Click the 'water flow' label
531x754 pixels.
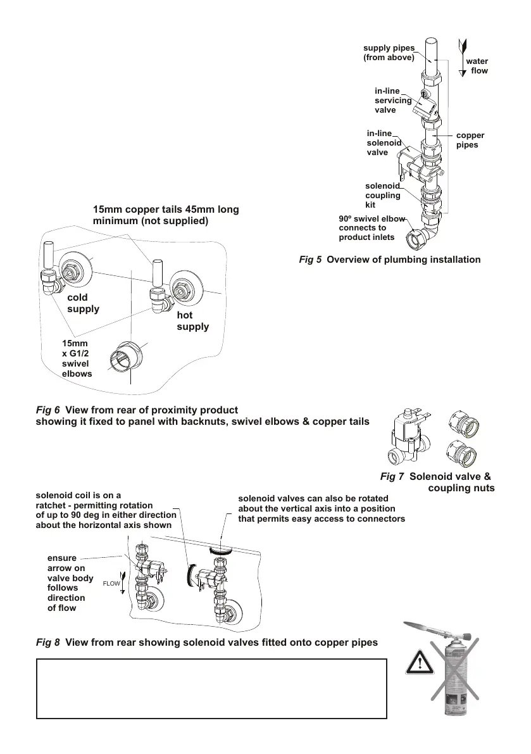pos(477,66)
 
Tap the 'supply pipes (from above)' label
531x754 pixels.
pos(389,53)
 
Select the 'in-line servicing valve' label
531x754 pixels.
pos(393,101)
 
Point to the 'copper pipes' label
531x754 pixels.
pos(470,140)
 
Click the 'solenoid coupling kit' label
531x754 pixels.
pos(383,196)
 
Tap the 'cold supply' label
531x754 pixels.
pos(83,303)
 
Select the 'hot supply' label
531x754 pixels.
pos(192,321)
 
